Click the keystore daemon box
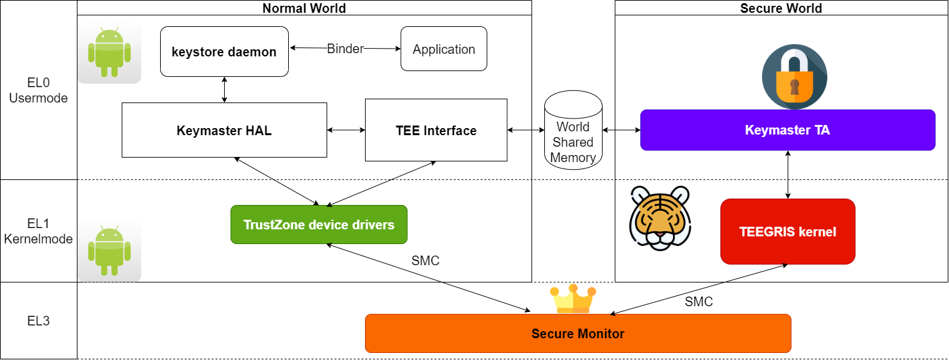pos(224,52)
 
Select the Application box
pos(444,49)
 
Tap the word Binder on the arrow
pos(345,49)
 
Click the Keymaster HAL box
pos(224,131)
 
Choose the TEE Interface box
pos(436,131)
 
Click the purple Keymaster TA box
pos(788,130)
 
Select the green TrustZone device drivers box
pos(319,225)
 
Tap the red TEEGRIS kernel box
pos(788,231)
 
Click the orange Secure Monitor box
pos(578,333)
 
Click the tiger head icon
pos(660,217)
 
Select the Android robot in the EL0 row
pos(109,52)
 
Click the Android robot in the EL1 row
pos(109,250)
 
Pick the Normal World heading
pos(304,8)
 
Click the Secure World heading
pos(781,8)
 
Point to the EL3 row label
pos(38,321)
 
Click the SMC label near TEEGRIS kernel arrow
pos(699,302)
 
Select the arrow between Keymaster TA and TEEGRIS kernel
pos(788,174)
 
